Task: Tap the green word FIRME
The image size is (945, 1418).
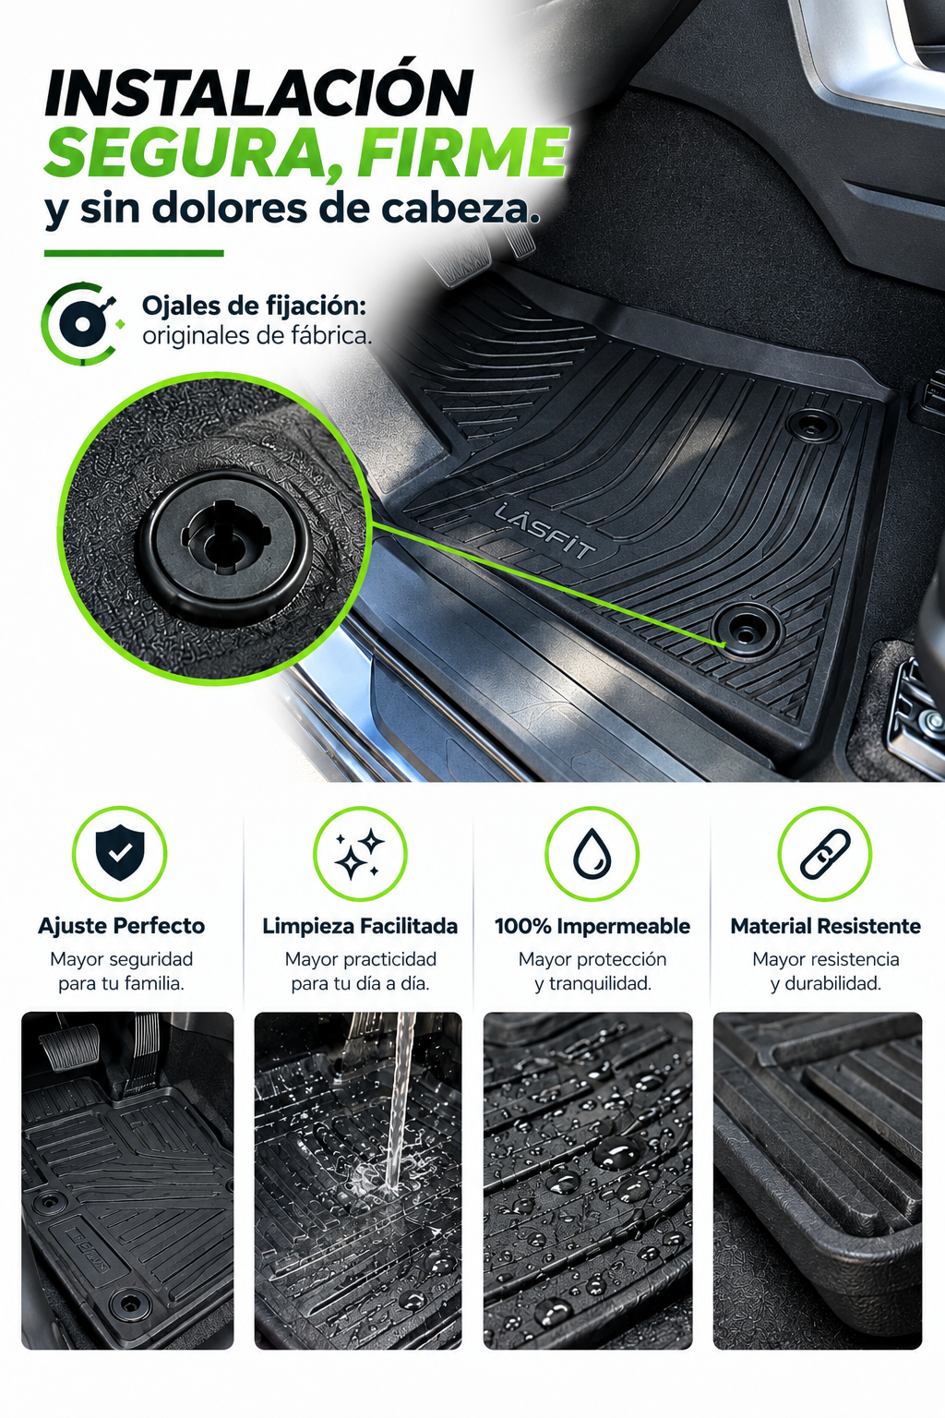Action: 462,153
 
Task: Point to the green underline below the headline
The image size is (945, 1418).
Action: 134,253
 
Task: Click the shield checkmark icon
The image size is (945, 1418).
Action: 120,853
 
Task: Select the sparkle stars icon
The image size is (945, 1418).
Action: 360,854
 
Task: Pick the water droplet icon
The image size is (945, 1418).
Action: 592,854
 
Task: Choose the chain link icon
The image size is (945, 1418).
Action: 825,854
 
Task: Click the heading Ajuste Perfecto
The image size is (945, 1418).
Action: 121,926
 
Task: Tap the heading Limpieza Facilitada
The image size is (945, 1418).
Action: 360,926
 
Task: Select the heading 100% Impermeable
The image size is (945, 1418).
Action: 592,926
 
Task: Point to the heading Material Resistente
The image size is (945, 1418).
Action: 825,926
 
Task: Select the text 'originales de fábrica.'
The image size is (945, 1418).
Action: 257,335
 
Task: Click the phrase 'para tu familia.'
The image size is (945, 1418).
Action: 122,984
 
